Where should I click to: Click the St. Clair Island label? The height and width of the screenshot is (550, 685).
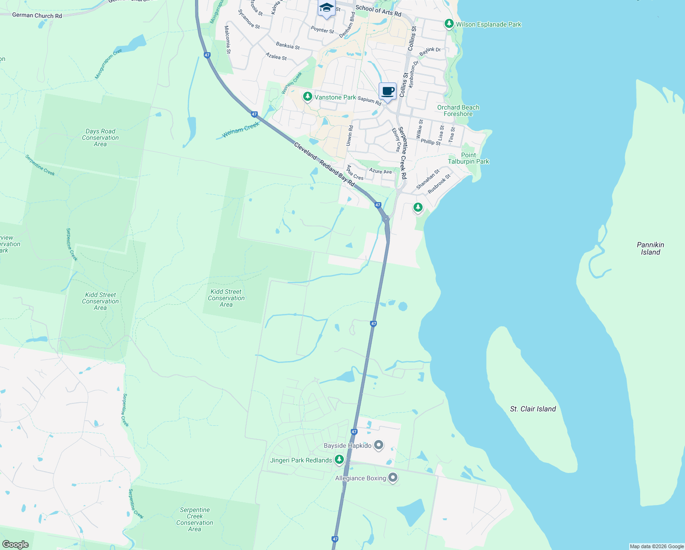(533, 409)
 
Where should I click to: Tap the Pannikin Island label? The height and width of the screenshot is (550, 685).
(650, 248)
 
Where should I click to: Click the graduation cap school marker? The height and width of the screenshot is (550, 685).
(326, 8)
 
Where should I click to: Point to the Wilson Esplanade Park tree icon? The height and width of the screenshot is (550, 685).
(449, 24)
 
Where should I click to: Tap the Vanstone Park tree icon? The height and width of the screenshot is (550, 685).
(307, 97)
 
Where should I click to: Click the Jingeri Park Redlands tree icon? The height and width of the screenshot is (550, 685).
(339, 459)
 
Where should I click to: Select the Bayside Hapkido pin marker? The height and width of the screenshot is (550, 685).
(379, 445)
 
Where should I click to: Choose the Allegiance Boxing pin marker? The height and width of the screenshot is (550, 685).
(393, 478)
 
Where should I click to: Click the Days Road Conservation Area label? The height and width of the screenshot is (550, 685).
(100, 137)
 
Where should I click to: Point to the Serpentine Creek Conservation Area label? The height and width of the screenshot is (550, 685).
(195, 519)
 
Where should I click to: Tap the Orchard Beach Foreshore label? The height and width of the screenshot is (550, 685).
(458, 110)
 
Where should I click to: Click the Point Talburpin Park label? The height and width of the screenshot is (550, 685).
(468, 158)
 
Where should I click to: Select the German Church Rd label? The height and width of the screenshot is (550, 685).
(37, 16)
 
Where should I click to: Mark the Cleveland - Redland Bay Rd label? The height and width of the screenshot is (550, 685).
(324, 164)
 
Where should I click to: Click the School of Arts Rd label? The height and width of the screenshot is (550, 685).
(378, 11)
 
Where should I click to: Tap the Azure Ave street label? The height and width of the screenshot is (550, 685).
(381, 171)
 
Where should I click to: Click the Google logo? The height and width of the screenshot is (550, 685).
(15, 544)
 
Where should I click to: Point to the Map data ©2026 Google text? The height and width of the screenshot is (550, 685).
(657, 546)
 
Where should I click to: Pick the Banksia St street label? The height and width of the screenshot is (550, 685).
(288, 46)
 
